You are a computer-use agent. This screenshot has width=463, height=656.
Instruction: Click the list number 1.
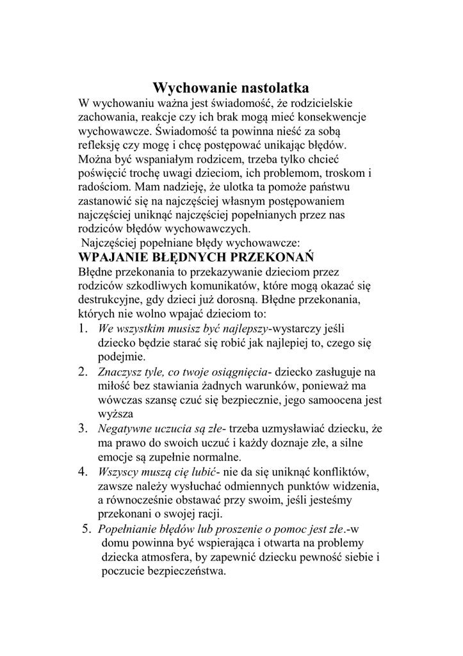point(83,329)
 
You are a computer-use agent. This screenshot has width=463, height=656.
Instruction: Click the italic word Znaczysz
point(119,372)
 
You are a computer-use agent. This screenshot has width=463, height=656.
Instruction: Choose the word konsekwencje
point(325,117)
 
